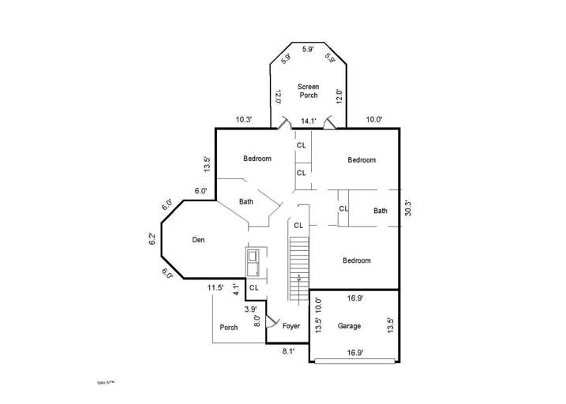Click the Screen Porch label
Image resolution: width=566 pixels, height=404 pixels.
click(x=308, y=91)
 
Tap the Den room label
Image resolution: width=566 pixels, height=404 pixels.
click(x=198, y=240)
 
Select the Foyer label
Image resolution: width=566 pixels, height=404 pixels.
click(x=291, y=326)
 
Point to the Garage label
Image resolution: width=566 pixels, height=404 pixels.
click(x=349, y=326)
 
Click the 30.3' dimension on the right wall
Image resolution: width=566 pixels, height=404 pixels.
click(x=407, y=208)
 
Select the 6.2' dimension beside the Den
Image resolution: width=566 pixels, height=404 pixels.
click(x=153, y=239)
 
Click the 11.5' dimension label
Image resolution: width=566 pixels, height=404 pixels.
click(x=216, y=287)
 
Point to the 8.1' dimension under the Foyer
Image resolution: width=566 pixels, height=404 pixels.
click(x=289, y=352)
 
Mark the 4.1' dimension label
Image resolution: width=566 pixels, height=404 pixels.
click(x=236, y=290)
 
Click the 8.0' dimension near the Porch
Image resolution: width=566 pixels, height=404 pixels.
click(x=257, y=321)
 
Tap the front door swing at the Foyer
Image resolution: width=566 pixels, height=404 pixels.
click(x=271, y=321)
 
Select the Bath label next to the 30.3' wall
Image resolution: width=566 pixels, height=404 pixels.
click(x=380, y=211)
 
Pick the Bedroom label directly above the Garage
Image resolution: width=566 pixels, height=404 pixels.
click(x=356, y=260)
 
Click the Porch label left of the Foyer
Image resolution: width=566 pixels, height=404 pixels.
click(x=229, y=327)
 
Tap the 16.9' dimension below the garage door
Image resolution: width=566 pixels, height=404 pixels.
click(x=354, y=353)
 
